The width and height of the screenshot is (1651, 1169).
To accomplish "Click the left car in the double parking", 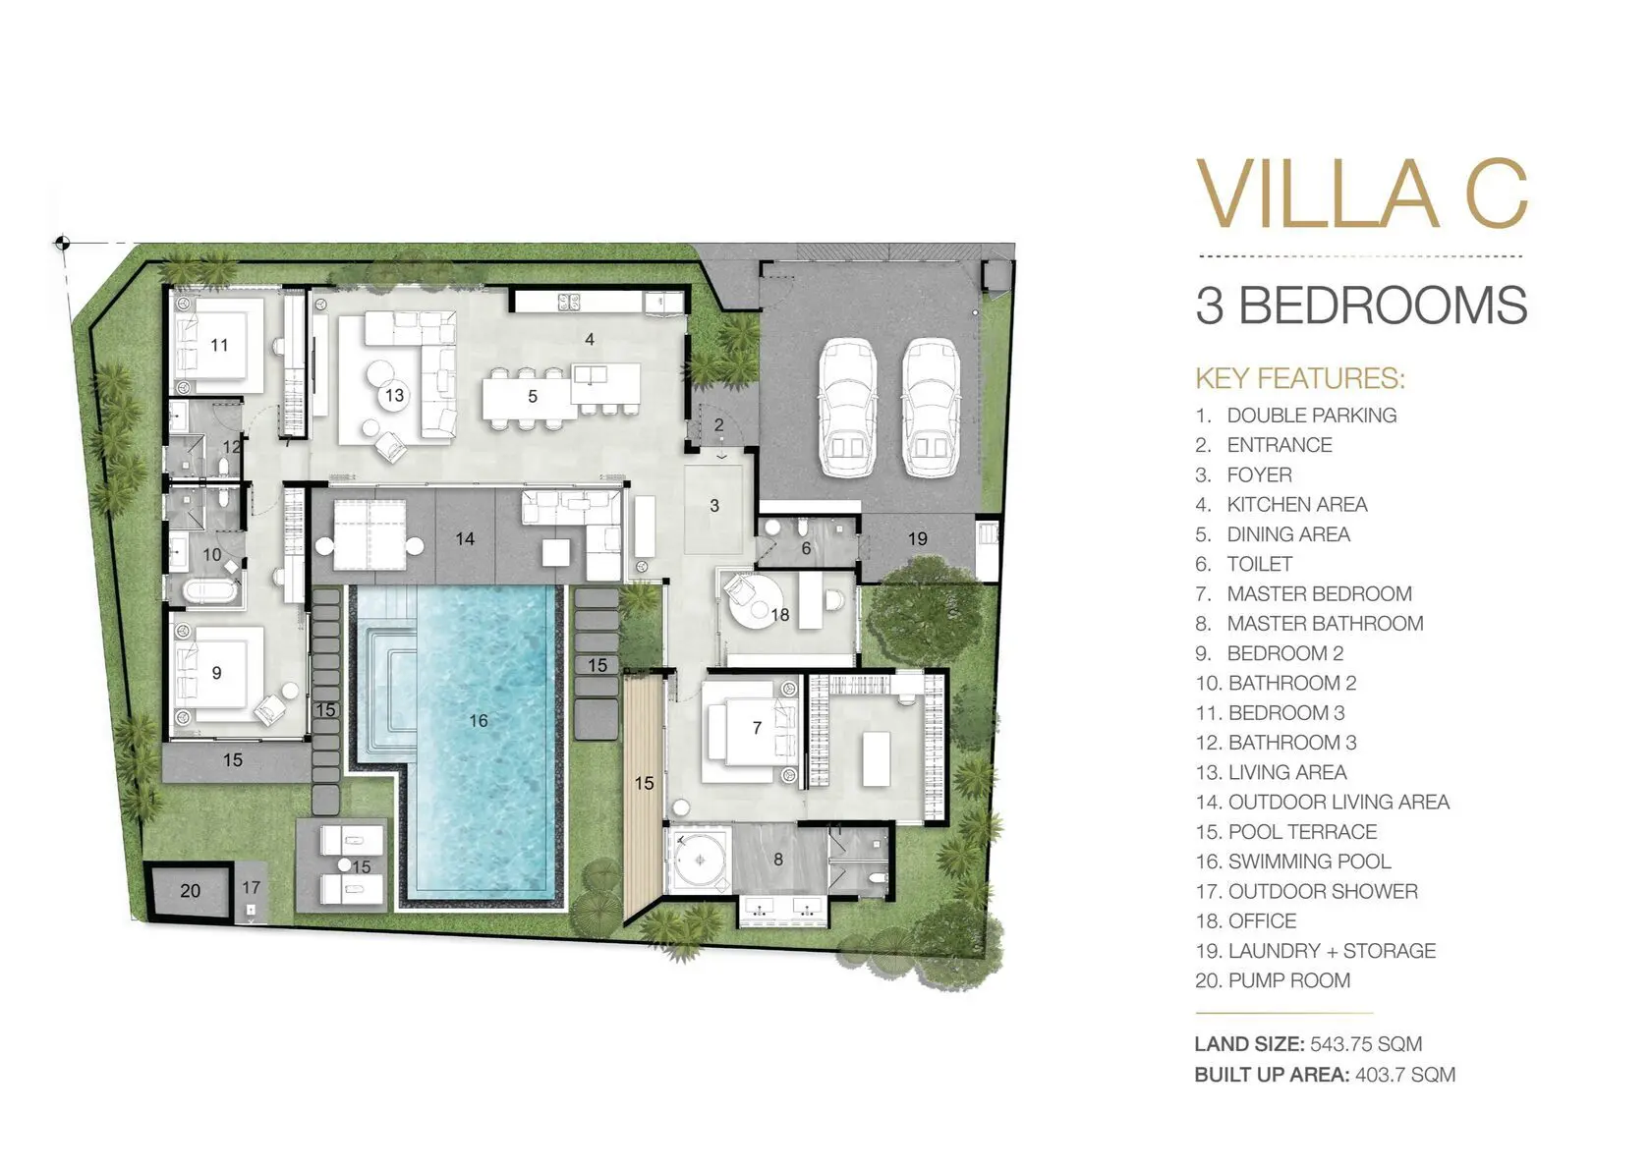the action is [847, 408].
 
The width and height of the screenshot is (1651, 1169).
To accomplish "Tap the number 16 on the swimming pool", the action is [479, 720].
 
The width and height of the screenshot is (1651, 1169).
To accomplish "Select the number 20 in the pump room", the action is [191, 891].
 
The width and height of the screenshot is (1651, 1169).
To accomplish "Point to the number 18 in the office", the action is [780, 614].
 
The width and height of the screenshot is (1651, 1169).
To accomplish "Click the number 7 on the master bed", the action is [757, 728].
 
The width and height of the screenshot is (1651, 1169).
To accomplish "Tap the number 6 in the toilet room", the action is [806, 549].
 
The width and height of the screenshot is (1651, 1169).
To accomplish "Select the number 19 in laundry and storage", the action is [918, 538].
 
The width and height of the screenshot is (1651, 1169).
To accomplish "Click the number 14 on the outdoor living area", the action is [465, 538].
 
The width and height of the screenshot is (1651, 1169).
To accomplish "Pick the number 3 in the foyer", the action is [714, 506].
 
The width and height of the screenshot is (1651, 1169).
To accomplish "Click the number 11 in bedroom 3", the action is [219, 345].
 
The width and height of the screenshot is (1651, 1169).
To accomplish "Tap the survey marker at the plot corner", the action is [62, 243].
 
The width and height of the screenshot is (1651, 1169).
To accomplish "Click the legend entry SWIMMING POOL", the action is [1310, 862].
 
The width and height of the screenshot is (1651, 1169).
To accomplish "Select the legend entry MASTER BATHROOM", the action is [1325, 623].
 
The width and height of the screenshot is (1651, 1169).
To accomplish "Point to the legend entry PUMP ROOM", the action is [1289, 980].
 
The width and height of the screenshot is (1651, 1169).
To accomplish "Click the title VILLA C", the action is [1361, 193].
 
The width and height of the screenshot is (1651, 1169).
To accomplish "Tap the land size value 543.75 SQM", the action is [1366, 1044].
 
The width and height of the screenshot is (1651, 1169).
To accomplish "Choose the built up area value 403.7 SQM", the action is [1405, 1075].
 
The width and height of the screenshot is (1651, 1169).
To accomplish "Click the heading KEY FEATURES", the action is [1300, 378].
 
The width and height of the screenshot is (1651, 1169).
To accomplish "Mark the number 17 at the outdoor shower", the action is [252, 888].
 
